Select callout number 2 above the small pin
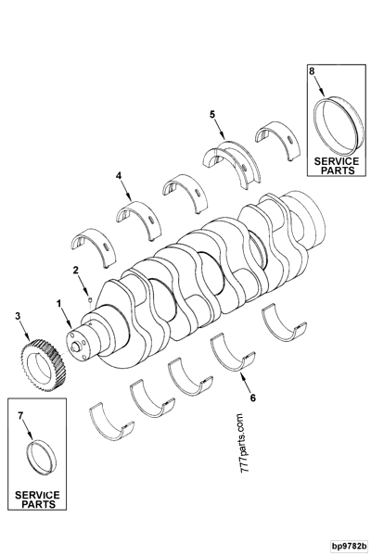coord(76,270)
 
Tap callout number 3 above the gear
coord(17,317)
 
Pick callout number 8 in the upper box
coord(312,70)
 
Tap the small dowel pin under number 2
coord(85,297)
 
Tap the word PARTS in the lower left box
coord(36,505)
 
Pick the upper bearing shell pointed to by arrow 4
coord(134,213)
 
